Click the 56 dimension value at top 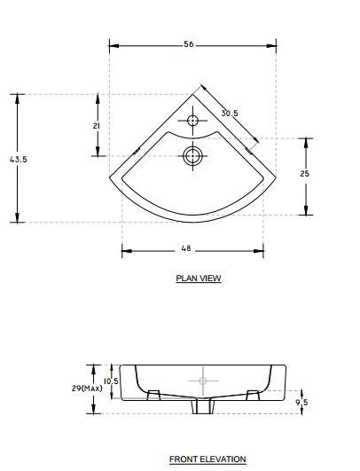(189, 44)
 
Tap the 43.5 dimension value (19, 159)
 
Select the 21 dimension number (96, 126)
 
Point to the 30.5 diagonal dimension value (230, 114)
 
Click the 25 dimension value (304, 173)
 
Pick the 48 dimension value (186, 248)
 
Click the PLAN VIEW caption (199, 279)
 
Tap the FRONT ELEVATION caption (207, 459)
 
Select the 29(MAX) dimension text (87, 389)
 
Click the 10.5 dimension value (111, 381)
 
